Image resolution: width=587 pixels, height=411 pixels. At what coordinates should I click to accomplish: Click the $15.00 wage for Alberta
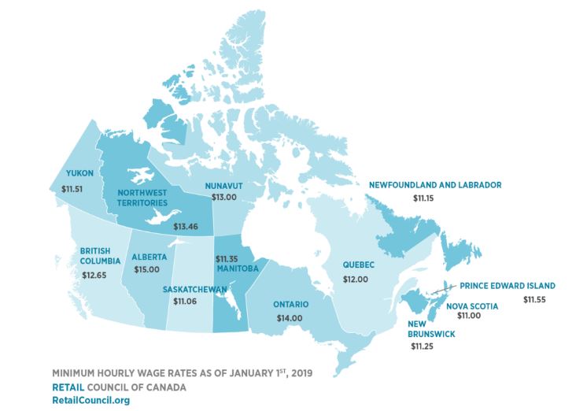point(147,270)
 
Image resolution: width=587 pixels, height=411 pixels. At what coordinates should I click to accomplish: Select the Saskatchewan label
point(197,289)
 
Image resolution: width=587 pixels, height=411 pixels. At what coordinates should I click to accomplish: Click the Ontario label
point(290,304)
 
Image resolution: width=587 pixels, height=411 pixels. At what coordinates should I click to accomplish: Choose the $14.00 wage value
point(290,317)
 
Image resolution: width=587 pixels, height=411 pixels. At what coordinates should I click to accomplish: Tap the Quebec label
point(358,265)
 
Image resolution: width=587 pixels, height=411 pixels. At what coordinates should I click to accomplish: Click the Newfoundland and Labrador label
point(435,185)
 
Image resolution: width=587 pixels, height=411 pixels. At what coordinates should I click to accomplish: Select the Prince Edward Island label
point(508,285)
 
